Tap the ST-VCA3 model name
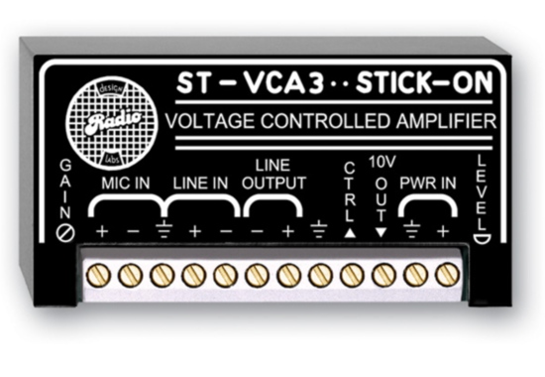pos(231,85)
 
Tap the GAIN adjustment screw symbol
pos(65,231)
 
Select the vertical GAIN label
pos(65,189)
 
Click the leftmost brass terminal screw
pos(98,275)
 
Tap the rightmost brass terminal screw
pos(447,275)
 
